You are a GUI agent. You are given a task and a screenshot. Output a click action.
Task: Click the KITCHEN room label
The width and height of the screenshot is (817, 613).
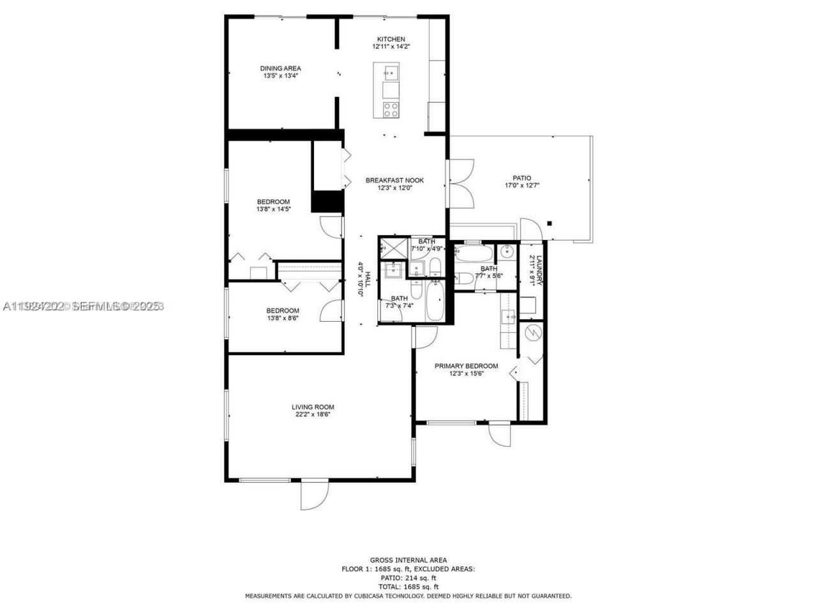point(391,39)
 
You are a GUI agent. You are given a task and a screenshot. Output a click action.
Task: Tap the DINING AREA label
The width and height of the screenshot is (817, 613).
point(280,68)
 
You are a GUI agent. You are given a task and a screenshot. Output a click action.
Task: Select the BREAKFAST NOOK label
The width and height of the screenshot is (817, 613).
point(394,180)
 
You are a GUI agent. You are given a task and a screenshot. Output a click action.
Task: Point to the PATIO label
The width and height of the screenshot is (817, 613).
point(521,178)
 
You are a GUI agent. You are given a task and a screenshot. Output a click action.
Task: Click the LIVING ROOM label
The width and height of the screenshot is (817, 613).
point(313,407)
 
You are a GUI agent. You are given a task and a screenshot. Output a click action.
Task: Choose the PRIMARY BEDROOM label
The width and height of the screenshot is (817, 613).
point(466,366)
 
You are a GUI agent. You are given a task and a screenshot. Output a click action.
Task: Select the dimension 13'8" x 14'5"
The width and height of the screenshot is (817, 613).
point(273,209)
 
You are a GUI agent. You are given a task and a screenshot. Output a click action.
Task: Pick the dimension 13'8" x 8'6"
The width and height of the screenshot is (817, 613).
point(283,318)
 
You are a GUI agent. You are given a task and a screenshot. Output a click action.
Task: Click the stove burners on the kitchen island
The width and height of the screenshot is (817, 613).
point(391,109)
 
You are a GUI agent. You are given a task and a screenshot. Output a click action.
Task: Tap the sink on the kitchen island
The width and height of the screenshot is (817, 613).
point(391,70)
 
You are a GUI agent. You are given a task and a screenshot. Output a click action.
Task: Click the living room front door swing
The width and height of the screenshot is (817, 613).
point(314,495)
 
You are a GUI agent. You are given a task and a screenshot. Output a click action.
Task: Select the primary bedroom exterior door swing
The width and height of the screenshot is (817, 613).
point(500,436)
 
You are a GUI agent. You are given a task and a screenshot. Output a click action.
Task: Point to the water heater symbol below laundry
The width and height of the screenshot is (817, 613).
point(533,332)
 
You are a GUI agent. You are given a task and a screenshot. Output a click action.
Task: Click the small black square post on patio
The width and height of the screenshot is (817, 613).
point(550,223)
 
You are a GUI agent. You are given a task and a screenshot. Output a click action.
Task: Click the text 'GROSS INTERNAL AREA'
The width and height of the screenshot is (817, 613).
point(408,560)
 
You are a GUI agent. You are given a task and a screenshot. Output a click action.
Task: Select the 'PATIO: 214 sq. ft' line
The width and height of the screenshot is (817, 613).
point(408,577)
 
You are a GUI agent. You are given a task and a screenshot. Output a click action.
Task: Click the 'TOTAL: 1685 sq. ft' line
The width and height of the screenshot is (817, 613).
point(408,586)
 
